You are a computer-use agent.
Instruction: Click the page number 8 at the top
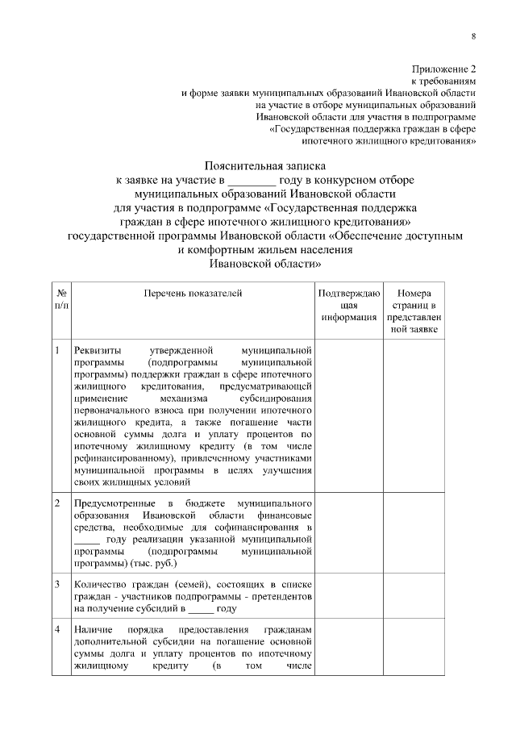click(x=473, y=36)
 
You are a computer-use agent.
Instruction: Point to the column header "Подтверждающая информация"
click(x=348, y=306)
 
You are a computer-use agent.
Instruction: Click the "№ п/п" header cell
click(x=61, y=299)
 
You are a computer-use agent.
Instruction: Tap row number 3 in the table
click(x=57, y=583)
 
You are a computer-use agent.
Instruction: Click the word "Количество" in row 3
click(x=99, y=583)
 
